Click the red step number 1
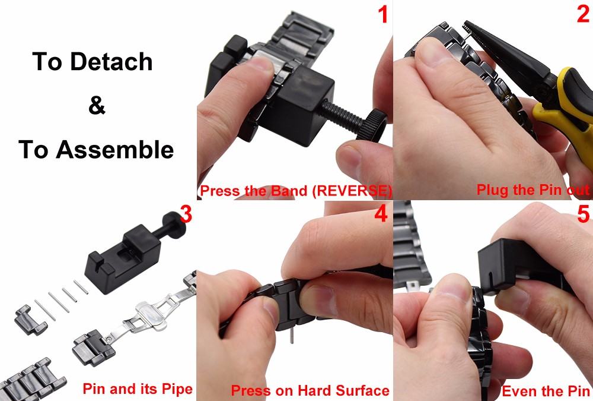click(383, 15)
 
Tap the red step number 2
click(583, 14)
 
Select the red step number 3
click(186, 214)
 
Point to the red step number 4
click(381, 214)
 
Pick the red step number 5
click(584, 214)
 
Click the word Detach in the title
click(111, 61)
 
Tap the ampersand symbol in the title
click(97, 105)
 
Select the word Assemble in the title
click(114, 149)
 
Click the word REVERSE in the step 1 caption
click(352, 190)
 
